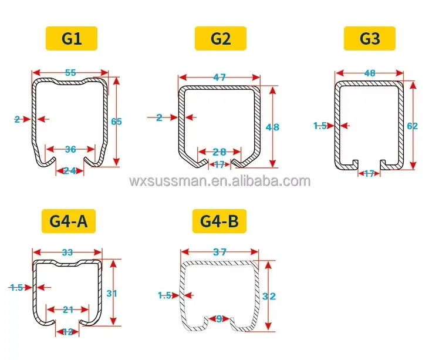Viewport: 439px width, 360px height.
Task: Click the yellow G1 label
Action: click(71, 38)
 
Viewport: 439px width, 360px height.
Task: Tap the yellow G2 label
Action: click(221, 38)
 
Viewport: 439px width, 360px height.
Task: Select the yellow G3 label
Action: click(370, 38)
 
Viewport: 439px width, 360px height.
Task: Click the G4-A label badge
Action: click(69, 221)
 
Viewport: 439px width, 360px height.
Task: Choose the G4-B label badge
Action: click(219, 221)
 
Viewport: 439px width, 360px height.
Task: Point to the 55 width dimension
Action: click(70, 73)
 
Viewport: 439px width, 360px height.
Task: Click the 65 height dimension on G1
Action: click(116, 122)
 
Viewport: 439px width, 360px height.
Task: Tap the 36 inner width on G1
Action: click(70, 149)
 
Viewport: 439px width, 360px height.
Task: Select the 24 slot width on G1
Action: click(70, 171)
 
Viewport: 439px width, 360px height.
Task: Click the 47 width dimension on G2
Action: click(219, 77)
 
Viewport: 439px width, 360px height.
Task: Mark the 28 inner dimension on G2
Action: click(219, 152)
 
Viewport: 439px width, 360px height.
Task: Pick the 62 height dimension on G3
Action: click(412, 125)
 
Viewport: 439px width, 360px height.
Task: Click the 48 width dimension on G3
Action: click(370, 73)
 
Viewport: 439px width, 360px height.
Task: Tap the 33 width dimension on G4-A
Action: click(67, 253)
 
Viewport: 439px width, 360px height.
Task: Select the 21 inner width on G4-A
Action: click(68, 309)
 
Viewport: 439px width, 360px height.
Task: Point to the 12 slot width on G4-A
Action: click(67, 332)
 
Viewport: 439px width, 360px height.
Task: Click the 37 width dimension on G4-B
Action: click(219, 253)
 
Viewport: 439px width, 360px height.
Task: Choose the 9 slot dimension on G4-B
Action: click(219, 319)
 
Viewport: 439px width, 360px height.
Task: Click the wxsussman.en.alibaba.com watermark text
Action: click(219, 181)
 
